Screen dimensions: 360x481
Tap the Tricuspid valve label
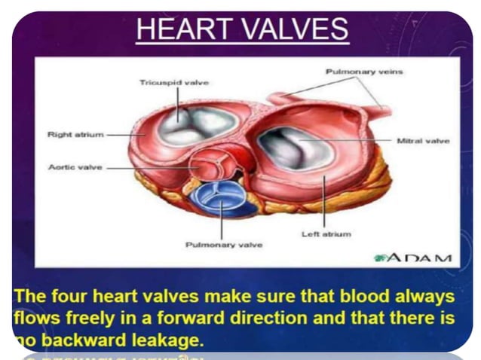(173, 81)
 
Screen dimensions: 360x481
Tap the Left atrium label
(326, 234)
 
